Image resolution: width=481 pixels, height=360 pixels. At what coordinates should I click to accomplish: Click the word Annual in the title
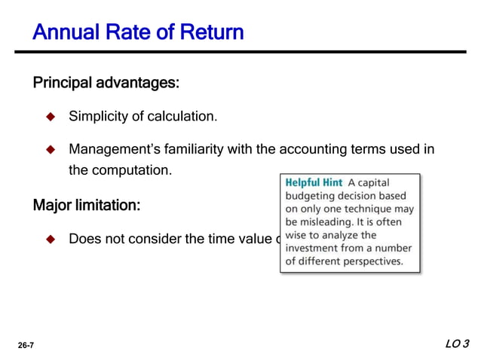point(64,33)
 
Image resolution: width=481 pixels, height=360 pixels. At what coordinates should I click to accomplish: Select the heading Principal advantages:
point(106,82)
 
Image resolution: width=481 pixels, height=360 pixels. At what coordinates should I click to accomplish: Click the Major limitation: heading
point(87,205)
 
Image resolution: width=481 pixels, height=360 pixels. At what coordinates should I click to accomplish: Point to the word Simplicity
point(103,117)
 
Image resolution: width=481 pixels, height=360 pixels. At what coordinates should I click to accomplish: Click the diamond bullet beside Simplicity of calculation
point(51,117)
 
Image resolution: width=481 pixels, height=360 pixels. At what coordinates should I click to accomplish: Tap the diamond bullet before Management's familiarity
point(51,149)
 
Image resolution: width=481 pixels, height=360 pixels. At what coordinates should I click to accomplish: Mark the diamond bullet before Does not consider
point(51,239)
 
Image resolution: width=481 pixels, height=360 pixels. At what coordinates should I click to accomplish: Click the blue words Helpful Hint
point(314,182)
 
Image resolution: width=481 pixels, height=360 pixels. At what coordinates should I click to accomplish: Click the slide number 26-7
point(26,345)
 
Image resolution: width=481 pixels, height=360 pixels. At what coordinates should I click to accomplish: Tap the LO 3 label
point(457,344)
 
